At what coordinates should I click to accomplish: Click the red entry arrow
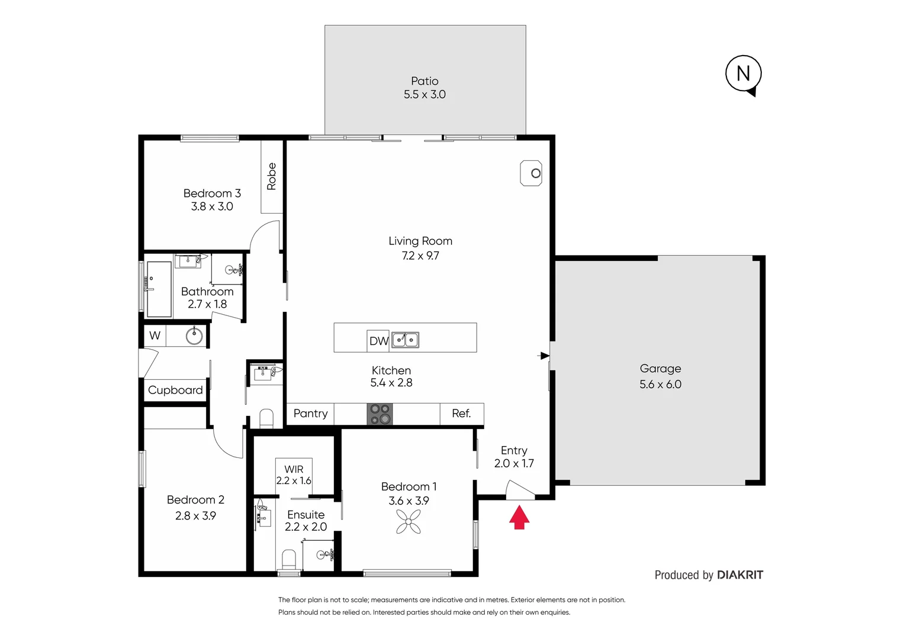tap(519, 517)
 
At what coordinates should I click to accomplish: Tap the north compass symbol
tap(743, 73)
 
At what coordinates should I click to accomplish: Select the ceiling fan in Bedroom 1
tap(408, 522)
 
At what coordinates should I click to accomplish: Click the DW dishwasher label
tap(378, 341)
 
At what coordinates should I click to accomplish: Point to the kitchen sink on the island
tap(406, 340)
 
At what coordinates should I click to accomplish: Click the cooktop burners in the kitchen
tap(379, 414)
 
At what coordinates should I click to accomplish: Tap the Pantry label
tap(310, 414)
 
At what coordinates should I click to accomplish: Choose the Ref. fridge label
tap(461, 414)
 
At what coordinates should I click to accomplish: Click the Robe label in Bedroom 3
tap(272, 176)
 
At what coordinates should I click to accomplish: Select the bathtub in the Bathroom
tap(159, 289)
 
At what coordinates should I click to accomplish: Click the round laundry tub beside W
tap(194, 336)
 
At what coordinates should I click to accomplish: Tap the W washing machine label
tap(155, 335)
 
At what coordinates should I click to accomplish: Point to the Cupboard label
tap(175, 390)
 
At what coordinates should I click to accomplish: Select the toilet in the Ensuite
tap(289, 559)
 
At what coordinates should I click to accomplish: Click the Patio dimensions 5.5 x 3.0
tap(424, 95)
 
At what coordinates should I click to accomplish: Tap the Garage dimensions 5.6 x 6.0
tap(660, 384)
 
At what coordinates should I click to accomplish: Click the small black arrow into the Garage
tap(543, 356)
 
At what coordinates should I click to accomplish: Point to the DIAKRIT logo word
tap(740, 575)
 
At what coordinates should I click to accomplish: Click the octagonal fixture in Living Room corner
tap(531, 173)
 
